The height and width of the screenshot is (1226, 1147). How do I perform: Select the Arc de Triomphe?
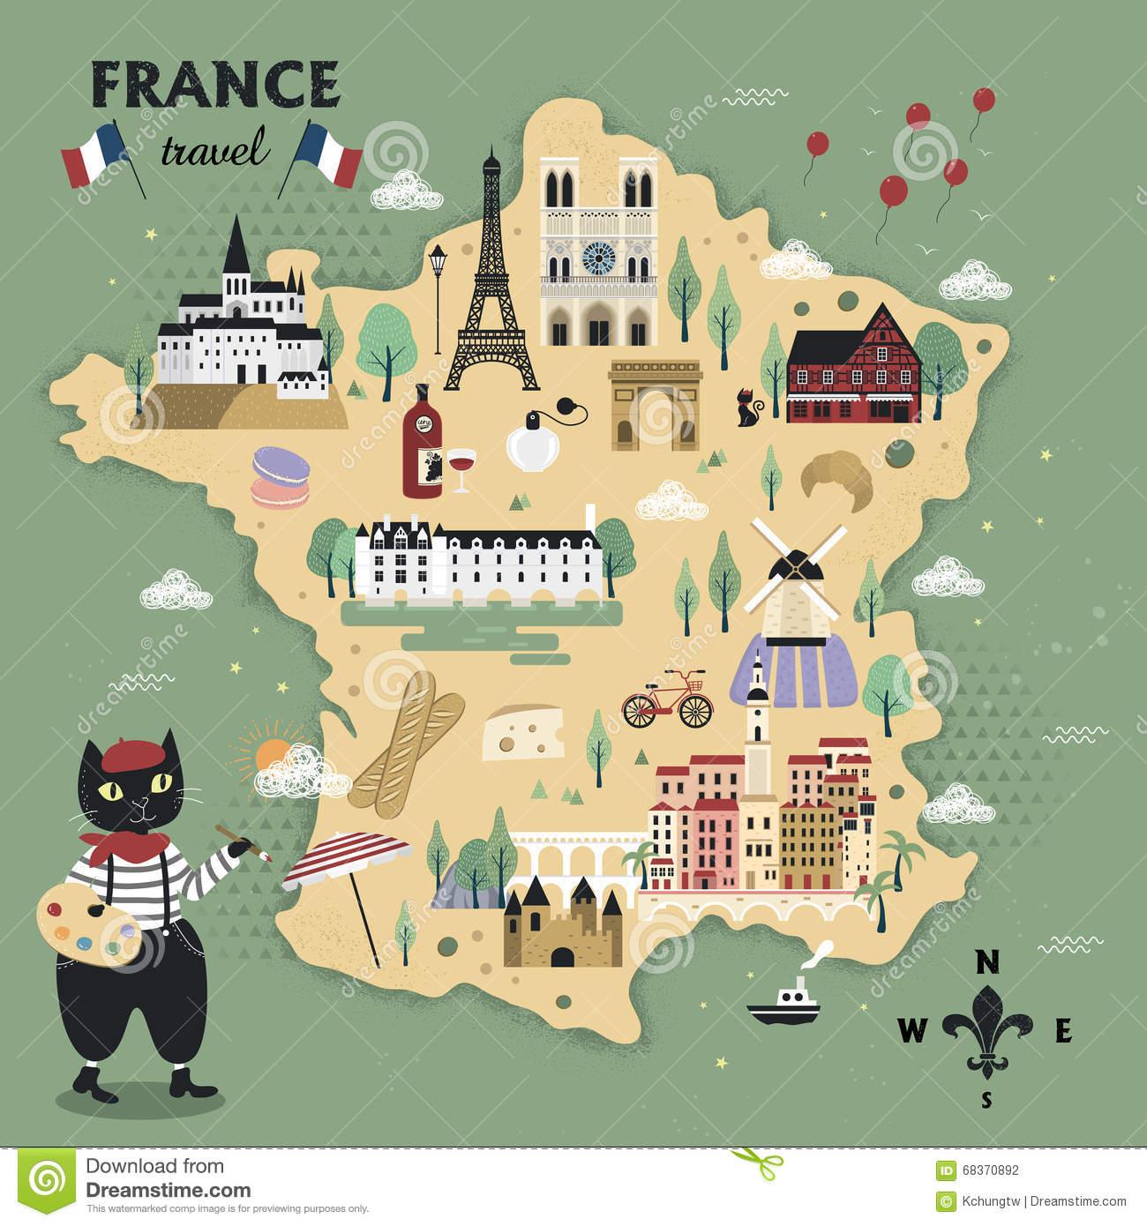click(x=654, y=406)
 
